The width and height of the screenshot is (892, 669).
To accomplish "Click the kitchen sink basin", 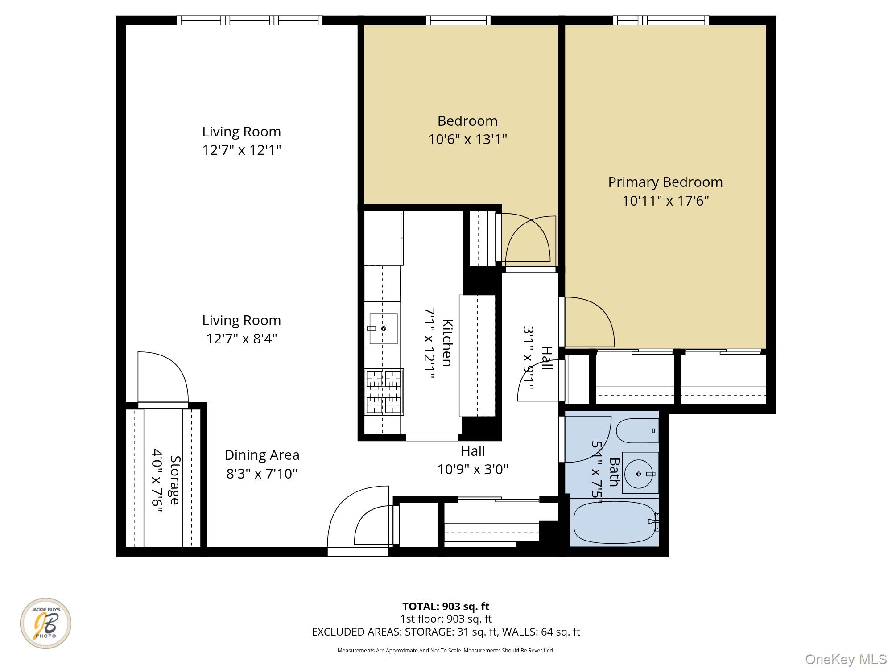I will click(x=383, y=329).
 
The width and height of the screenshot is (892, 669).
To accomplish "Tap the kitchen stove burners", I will click(x=384, y=391).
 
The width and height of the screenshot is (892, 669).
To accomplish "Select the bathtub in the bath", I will click(x=614, y=522).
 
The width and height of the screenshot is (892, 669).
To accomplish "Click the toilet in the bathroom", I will click(x=637, y=431).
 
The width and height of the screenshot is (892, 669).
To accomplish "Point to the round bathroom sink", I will click(x=639, y=474).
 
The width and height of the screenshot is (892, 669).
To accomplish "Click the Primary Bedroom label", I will click(x=665, y=182).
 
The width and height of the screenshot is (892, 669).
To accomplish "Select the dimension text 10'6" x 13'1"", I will click(x=467, y=140).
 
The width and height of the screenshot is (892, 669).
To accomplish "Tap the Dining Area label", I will click(x=262, y=455).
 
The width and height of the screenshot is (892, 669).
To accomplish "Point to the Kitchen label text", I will click(x=447, y=343).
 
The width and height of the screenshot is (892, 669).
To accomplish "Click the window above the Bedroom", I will click(x=458, y=20).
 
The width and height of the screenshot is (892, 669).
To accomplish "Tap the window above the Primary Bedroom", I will click(x=661, y=20).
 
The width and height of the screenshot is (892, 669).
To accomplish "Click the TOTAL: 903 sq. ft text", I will click(x=446, y=606).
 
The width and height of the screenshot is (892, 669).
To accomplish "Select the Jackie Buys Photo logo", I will click(x=45, y=623).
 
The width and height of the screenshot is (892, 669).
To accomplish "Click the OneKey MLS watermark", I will click(x=846, y=659).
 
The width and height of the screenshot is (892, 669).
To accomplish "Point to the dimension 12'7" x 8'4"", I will click(x=242, y=339).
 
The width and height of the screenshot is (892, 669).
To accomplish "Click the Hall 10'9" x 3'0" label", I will click(x=473, y=460).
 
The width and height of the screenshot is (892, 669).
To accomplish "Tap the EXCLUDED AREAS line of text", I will click(x=446, y=632).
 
